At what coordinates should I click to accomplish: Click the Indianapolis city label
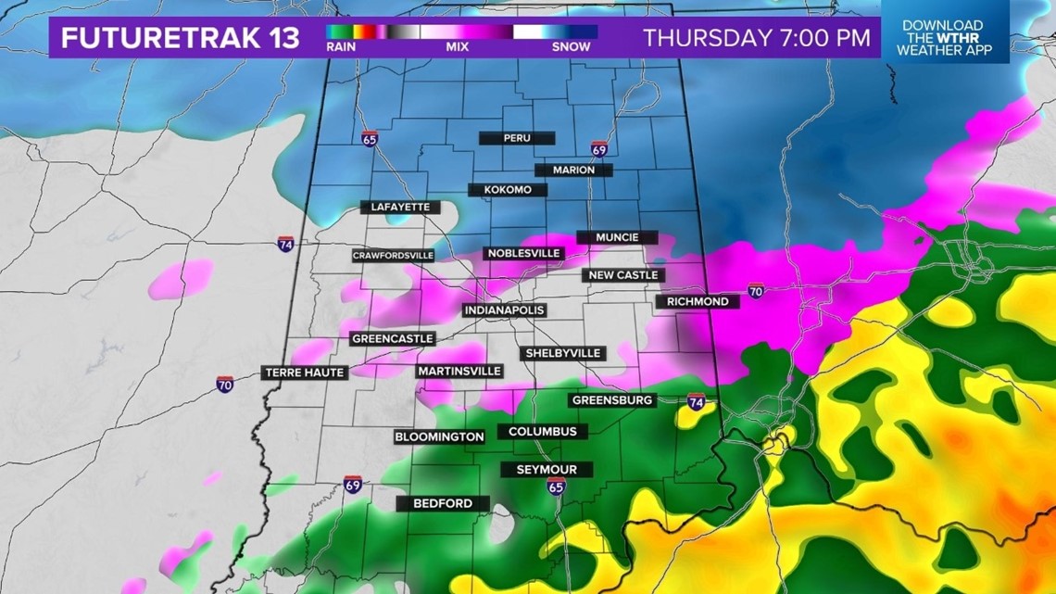tap(504, 310)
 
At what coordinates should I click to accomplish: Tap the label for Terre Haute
tap(305, 373)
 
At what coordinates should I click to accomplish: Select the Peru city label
tap(516, 138)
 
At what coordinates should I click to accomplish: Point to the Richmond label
tap(697, 301)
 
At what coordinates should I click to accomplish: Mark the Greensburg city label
tap(612, 400)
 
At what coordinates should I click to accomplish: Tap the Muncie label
tap(617, 237)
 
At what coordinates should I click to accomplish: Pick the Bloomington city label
tap(439, 436)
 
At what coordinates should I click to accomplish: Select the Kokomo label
tap(507, 190)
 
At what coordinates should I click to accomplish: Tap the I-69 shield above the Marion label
tap(599, 149)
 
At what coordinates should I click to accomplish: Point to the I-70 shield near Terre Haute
tap(225, 384)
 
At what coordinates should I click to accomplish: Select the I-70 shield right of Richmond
tap(756, 291)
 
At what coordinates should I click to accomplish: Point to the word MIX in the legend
tap(457, 46)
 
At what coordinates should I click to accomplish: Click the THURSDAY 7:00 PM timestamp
tap(757, 38)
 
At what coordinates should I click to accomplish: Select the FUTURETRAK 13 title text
tap(181, 38)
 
